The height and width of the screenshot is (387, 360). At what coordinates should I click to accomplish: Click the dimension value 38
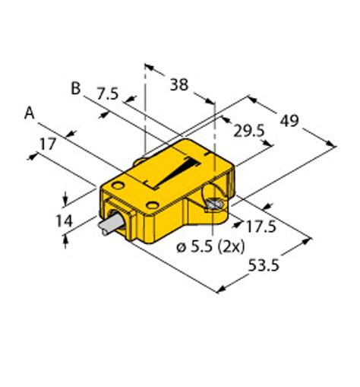179,84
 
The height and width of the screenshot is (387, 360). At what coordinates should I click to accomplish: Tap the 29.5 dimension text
248,132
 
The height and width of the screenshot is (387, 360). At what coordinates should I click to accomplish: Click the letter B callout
75,88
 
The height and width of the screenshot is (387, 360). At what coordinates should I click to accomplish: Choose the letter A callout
30,113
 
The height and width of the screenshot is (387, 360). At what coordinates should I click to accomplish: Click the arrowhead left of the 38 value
149,70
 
